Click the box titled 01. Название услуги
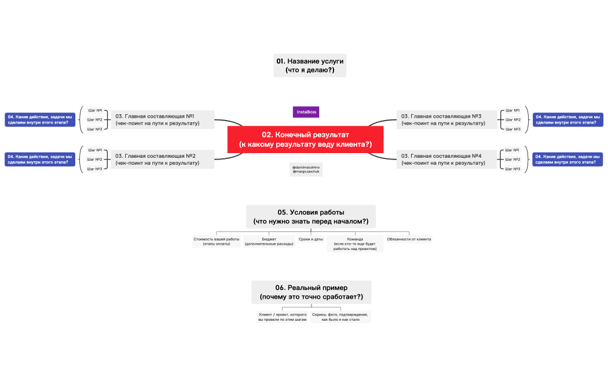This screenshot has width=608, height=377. [x=310, y=66]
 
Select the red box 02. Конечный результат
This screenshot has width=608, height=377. [x=305, y=140]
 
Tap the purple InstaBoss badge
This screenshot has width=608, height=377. [x=306, y=112]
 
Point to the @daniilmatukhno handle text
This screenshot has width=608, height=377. [x=306, y=167]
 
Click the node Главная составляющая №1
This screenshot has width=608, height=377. [x=162, y=119]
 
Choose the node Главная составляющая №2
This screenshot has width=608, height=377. [x=162, y=159]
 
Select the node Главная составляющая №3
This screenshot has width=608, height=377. [x=448, y=119]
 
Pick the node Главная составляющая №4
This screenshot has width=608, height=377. [x=448, y=159]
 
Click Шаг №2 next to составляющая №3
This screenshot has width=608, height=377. [x=512, y=119]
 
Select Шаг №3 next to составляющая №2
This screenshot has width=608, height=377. [x=95, y=169]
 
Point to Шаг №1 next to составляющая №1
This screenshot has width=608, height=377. [x=95, y=110]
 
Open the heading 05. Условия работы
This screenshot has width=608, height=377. [x=310, y=216]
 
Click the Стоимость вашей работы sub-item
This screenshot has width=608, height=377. [x=217, y=241]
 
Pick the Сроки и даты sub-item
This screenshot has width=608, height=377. [x=311, y=239]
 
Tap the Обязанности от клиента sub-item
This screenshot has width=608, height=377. [x=409, y=239]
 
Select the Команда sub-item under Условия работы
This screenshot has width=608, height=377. [x=355, y=244]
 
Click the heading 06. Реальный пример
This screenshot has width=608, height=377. [x=311, y=292]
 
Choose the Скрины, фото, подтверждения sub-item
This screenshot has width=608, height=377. [x=340, y=317]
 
